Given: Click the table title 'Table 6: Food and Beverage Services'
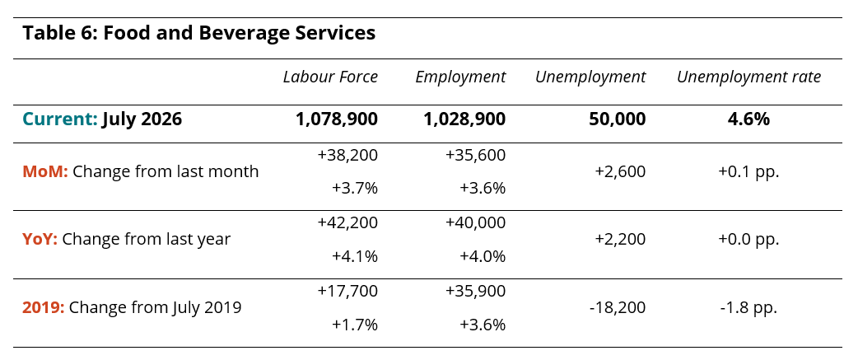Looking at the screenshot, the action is pos(199,34).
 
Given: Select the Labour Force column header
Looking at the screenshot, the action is pos(330,77).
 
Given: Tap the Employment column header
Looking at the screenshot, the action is pos(461,77).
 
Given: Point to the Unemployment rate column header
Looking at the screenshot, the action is pos(749,77).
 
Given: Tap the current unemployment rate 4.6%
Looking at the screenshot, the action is pos(749,119).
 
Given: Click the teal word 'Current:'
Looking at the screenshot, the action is pos(60,119).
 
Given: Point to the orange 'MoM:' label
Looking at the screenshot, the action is pos(45,172).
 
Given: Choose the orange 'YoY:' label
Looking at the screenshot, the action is pos(40,239).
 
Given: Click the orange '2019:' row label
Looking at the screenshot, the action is pos(44,307).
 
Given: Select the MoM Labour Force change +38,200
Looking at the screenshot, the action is pos(347,156).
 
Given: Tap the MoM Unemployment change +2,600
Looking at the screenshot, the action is pos(621,172).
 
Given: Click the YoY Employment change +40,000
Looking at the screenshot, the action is pos(475,222).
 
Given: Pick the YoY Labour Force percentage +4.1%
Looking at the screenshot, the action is pos(355,256).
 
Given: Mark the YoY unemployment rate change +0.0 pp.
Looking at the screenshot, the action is pos(749,239).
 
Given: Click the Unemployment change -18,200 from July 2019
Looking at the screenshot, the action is pos(618,307).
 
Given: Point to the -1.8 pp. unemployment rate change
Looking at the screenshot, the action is pos(749,307).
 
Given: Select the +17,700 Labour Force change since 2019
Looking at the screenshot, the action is pos(347,291).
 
